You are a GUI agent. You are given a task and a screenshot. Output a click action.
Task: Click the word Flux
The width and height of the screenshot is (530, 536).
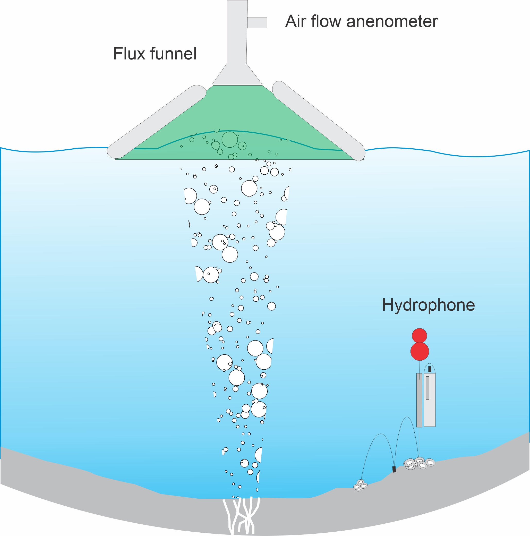[x=129, y=54]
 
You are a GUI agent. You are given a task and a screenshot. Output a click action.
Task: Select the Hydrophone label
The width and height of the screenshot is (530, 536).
[x=428, y=305]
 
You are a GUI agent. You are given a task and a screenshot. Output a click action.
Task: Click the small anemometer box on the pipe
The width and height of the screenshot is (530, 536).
[x=257, y=22]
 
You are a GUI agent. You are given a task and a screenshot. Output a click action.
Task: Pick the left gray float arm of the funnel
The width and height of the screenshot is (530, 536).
[x=157, y=122]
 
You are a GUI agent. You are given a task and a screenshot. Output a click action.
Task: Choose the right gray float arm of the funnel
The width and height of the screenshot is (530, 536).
[x=319, y=121]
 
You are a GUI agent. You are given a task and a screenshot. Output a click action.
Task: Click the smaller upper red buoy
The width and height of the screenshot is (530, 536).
[x=419, y=336]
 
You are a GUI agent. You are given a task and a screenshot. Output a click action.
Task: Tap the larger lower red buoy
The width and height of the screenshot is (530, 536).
[x=420, y=351]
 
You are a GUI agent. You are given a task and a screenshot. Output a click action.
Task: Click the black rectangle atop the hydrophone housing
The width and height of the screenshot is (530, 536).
[x=430, y=369]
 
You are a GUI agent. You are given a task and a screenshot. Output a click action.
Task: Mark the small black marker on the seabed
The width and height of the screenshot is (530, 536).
[x=394, y=469]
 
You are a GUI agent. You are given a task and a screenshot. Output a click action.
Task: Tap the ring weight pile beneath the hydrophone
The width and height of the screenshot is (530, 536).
[x=419, y=463]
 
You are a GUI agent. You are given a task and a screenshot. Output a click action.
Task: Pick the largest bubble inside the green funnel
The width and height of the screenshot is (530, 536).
[x=230, y=139]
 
